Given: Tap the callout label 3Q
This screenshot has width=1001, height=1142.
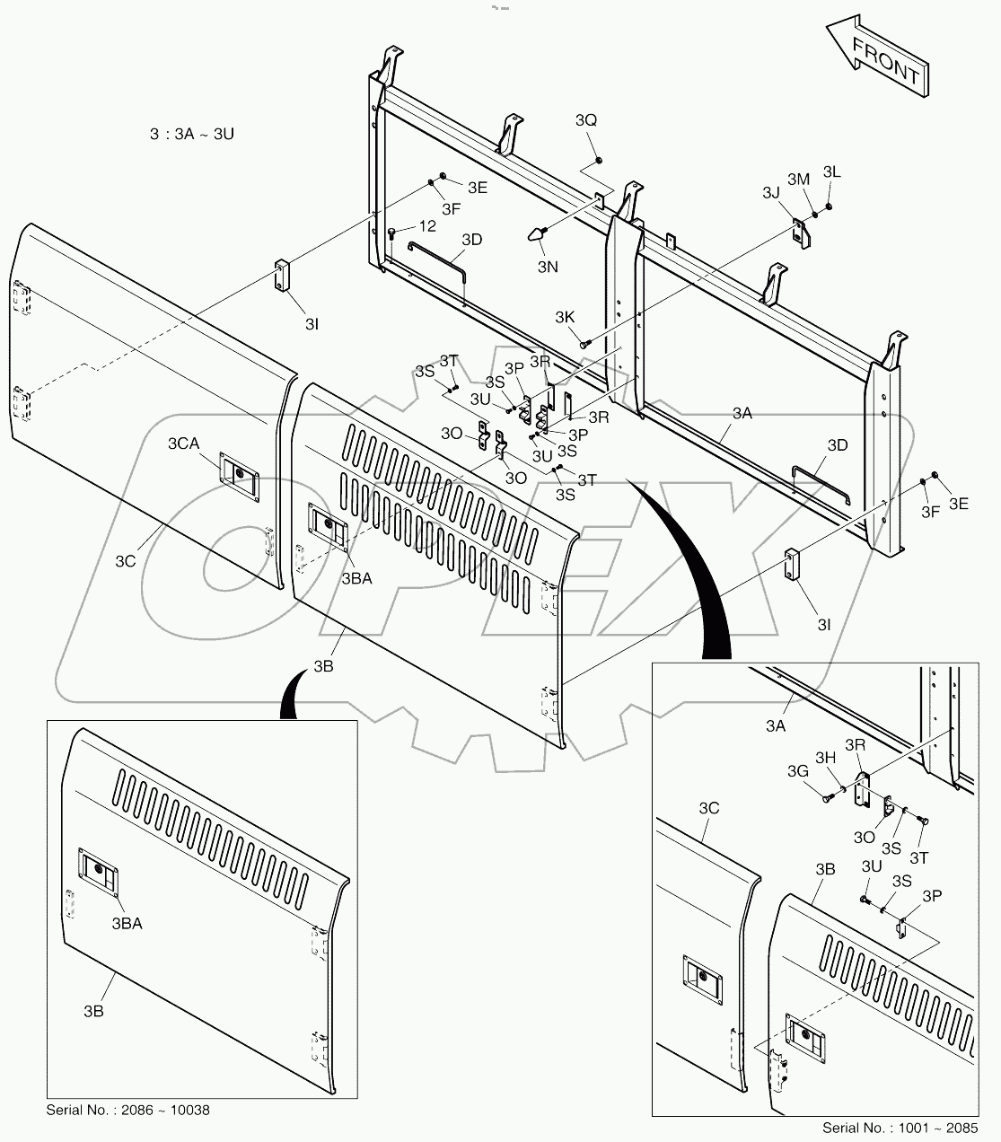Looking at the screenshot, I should (586, 120).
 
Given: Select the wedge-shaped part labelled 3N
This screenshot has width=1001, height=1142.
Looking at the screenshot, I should (536, 235).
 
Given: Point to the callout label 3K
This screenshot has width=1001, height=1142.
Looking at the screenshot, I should (565, 317).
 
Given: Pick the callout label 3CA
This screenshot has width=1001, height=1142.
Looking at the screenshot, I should (183, 444).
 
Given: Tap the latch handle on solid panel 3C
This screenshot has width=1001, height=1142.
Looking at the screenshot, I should (240, 472).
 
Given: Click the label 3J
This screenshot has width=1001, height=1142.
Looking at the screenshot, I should (771, 192).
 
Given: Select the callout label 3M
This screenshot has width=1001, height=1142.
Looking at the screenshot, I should (799, 180).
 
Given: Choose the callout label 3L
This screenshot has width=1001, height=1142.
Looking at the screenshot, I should (832, 171).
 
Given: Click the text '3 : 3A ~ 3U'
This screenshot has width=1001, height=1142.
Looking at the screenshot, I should (192, 135).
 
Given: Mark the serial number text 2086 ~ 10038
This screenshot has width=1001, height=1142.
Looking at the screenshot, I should (127, 1111).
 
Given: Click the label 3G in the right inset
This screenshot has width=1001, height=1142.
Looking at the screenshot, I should (797, 771).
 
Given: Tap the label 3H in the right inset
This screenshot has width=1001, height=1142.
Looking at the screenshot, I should (825, 759).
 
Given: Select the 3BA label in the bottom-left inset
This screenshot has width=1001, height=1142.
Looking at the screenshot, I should (127, 922).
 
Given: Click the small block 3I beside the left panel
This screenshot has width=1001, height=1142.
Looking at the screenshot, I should (283, 276).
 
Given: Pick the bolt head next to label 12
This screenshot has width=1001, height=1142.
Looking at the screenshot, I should (392, 233).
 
